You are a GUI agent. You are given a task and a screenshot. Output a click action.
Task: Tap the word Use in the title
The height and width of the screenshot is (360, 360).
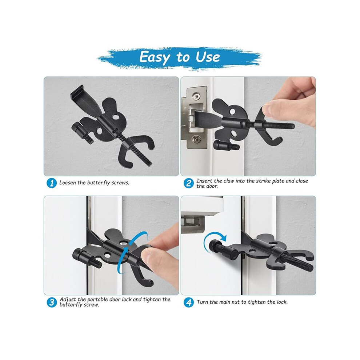[x=208, y=57]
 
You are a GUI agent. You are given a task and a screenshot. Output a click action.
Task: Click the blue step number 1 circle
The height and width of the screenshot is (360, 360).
[x=52, y=183]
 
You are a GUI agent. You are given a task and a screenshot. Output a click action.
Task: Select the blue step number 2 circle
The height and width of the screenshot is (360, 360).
[x=188, y=183]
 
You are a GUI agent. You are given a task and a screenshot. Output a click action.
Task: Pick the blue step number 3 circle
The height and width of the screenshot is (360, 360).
[x=52, y=302]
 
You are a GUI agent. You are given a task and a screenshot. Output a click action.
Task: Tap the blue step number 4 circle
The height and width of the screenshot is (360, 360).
[x=188, y=302]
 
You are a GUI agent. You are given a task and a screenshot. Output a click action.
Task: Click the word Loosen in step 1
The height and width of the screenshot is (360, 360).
[x=68, y=183]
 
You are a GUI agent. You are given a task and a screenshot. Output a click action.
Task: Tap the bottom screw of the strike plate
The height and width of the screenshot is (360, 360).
[x=196, y=139]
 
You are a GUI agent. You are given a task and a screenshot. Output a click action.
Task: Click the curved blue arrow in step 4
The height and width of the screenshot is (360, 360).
[x=212, y=241]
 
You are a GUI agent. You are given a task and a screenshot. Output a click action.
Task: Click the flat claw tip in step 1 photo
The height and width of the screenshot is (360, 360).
[x=77, y=90]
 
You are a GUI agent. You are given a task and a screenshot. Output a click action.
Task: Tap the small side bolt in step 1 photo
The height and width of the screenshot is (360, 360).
[x=82, y=133]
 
